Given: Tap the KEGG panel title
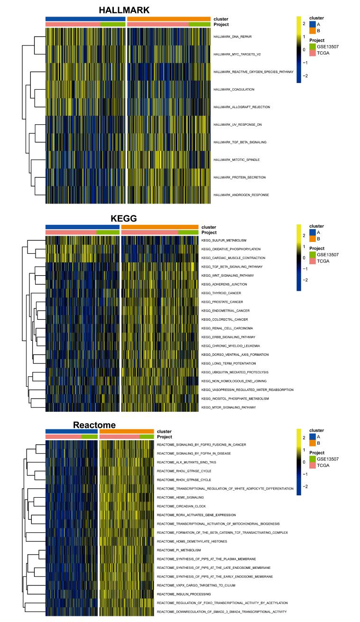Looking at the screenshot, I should point(123,218).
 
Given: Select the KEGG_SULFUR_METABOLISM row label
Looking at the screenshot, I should point(223,241).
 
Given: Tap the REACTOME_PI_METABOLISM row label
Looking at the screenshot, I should point(179,550).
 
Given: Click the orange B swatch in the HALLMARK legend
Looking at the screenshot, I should point(312,31).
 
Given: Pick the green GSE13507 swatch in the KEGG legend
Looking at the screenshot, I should point(312,255).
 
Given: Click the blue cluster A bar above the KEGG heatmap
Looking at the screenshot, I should point(83,227).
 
